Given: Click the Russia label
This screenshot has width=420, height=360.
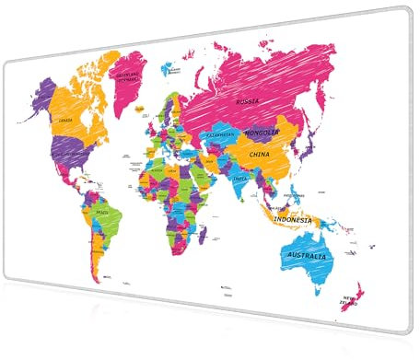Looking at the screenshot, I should click(x=247, y=100).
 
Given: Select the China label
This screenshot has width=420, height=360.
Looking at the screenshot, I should click(x=260, y=154).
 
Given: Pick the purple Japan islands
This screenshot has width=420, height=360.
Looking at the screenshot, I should click(x=311, y=147).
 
